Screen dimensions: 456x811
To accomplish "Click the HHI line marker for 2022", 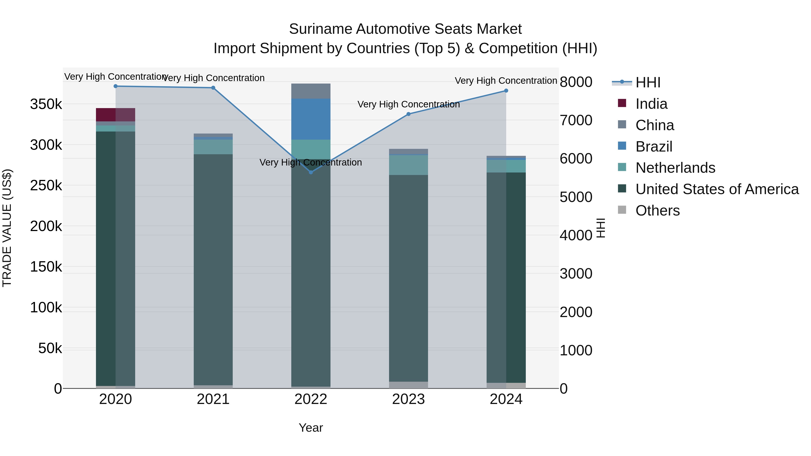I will tap(311, 172).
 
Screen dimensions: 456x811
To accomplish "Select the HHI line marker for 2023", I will tap(408, 114).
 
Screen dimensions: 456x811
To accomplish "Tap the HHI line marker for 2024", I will tap(506, 91).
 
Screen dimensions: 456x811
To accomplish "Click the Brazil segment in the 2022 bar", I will tap(311, 119).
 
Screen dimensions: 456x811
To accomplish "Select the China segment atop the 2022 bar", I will tap(311, 91).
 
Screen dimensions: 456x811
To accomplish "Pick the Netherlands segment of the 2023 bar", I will tap(408, 165).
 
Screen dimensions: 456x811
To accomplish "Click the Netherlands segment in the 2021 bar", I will tap(213, 147).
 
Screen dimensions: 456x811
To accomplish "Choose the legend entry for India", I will tap(651, 104).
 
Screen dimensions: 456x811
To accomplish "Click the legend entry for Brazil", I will tap(654, 147).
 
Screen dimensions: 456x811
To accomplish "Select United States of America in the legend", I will tap(717, 189).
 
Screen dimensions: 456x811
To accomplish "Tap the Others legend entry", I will tap(657, 211).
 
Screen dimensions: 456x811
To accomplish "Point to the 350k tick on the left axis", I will tap(46, 104).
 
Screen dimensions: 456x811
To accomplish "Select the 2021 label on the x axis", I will tap(213, 399).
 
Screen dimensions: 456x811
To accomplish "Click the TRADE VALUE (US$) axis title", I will tap(7, 228).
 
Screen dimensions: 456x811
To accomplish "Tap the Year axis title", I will tap(310, 428).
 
